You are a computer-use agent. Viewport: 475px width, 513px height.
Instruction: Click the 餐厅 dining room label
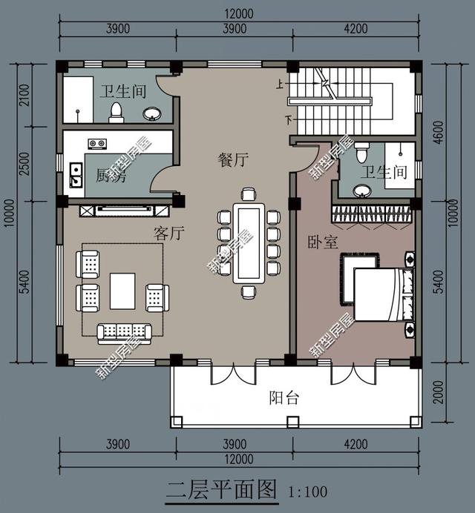pos(232,159)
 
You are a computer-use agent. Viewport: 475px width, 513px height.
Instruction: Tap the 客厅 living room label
pos(168,234)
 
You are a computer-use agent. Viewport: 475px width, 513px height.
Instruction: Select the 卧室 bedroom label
pos(322,242)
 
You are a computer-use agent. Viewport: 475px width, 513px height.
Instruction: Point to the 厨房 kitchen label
pos(111,176)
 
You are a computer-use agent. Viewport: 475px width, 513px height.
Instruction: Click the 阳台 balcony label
pos(284,398)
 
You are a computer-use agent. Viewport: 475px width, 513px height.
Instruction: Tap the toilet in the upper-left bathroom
pos(116,112)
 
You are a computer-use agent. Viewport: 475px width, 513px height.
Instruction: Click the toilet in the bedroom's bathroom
pos(361,153)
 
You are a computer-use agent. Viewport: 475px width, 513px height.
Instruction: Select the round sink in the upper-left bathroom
pos(152,113)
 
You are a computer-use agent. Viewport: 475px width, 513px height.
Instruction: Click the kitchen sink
pos(75,176)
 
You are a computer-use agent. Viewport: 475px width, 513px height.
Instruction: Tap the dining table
pos(246,243)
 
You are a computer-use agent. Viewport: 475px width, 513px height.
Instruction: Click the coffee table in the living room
pos(122,291)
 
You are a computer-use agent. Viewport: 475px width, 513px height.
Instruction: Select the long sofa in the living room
pos(124,331)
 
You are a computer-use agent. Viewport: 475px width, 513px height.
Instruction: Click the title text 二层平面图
pos(220,490)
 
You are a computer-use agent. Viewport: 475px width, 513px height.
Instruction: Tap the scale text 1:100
pos(307,491)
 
